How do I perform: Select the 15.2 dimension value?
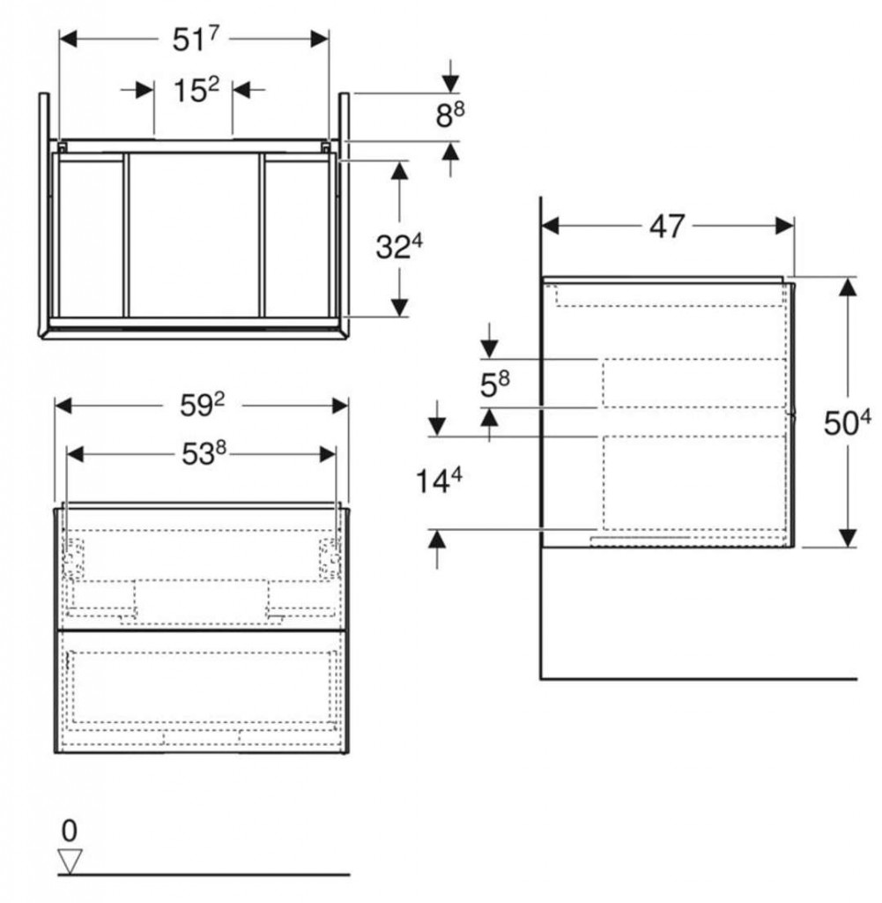pyautogui.click(x=196, y=90)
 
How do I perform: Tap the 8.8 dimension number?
pyautogui.click(x=450, y=115)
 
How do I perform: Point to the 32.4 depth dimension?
pyautogui.click(x=399, y=247)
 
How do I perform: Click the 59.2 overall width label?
pyautogui.click(x=202, y=405)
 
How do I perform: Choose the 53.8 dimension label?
pyautogui.click(x=204, y=454)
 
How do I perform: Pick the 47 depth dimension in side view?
pyautogui.click(x=667, y=227)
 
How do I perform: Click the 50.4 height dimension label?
pyautogui.click(x=847, y=422)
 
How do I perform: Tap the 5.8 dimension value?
pyautogui.click(x=495, y=384)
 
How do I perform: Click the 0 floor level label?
pyautogui.click(x=69, y=831)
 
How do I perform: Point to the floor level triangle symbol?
pyautogui.click(x=70, y=862)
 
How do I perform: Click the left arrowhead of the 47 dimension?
pyautogui.click(x=551, y=227)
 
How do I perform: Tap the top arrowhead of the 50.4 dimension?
pyautogui.click(x=848, y=287)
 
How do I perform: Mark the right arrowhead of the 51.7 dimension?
pyautogui.click(x=320, y=39)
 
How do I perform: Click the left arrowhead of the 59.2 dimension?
pyautogui.click(x=63, y=406)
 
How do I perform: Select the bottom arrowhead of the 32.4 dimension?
pyautogui.click(x=399, y=308)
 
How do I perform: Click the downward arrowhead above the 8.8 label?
pyautogui.click(x=451, y=84)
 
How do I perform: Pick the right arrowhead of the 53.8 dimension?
pyautogui.click(x=328, y=454)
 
